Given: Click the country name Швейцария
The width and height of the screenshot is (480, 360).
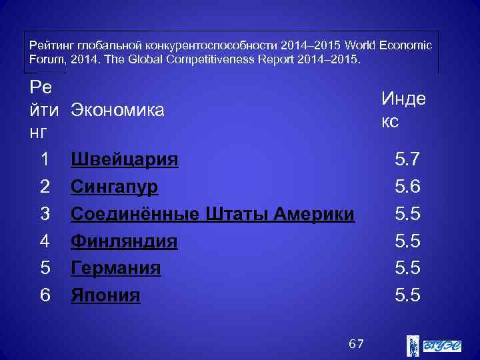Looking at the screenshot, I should (125, 159).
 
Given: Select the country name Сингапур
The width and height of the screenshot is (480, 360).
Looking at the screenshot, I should (115, 187).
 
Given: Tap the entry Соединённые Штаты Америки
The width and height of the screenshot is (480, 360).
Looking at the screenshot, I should (213, 214).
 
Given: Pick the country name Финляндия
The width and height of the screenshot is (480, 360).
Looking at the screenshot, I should (124, 241).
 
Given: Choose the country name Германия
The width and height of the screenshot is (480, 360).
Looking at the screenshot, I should (116, 268).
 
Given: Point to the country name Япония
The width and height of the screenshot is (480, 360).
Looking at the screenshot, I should (105, 295).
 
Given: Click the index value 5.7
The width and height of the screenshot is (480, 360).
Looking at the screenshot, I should (407, 159).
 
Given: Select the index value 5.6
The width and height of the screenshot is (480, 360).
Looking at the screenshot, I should (407, 187).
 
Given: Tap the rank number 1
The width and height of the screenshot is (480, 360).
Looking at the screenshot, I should (45, 159).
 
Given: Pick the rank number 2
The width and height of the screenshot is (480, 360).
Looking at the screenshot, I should (45, 187).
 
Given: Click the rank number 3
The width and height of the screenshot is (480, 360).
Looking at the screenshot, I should (45, 214).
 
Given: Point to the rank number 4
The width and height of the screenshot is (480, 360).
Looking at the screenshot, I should (45, 241).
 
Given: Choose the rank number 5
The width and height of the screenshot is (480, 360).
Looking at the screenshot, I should (45, 268).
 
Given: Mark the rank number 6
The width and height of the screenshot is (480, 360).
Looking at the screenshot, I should (45, 295).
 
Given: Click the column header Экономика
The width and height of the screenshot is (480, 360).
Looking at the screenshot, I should (117, 110).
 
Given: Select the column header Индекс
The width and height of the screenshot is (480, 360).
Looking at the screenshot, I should (403, 109).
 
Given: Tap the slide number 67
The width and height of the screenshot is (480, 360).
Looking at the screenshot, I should (357, 344).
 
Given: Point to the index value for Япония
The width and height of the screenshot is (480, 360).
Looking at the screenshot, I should (407, 295).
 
